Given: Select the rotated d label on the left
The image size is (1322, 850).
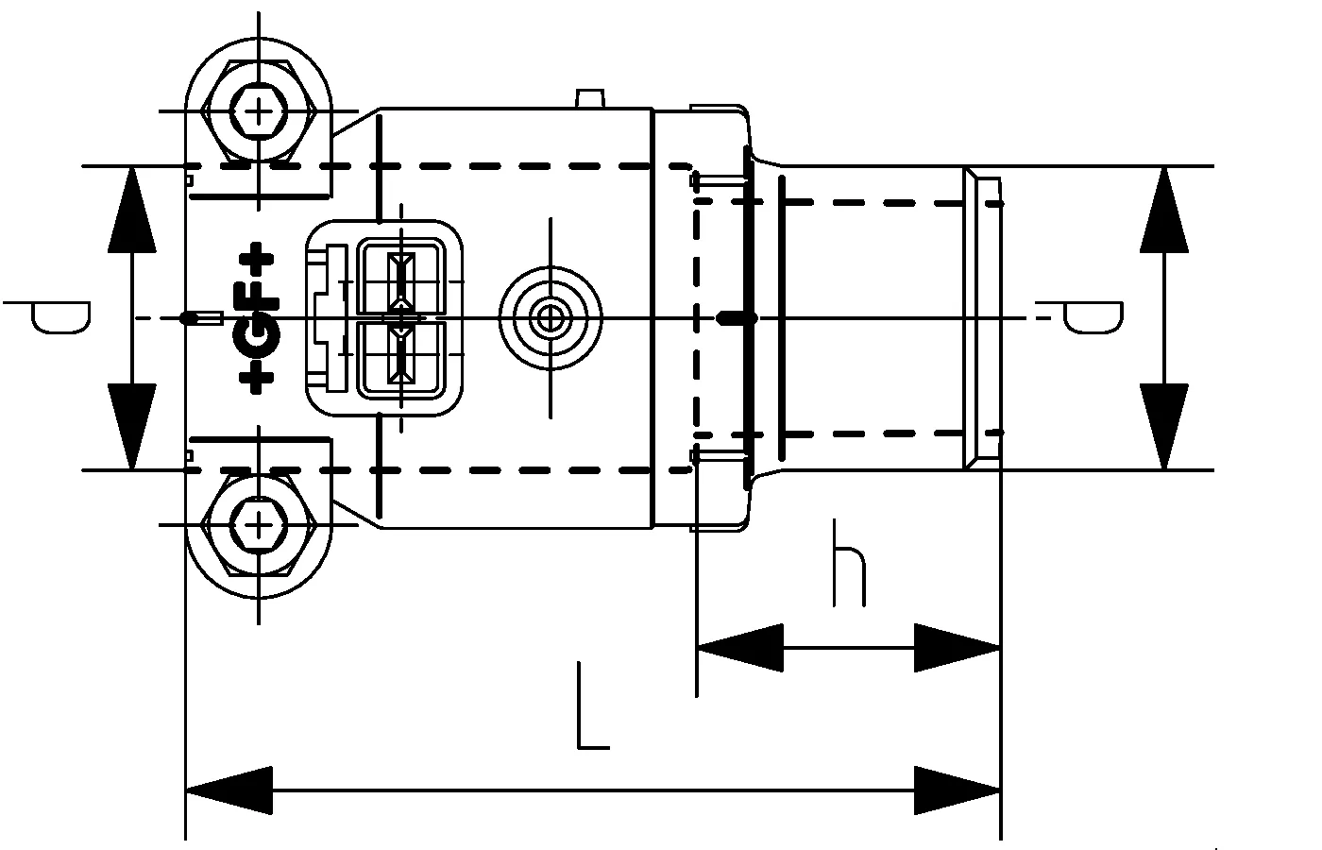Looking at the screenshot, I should [x=59, y=317].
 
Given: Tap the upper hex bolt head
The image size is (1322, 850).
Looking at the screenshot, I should [x=258, y=112].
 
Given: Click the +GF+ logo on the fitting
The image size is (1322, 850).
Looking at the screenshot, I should [x=257, y=318].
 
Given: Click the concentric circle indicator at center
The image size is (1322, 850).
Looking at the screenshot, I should [x=550, y=318].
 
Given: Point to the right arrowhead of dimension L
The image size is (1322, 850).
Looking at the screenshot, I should [x=958, y=790].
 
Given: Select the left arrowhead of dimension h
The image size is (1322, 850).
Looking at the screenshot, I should [x=740, y=648].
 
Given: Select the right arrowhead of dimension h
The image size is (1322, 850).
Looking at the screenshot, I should [x=958, y=648].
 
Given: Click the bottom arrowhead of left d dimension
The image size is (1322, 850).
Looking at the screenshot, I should [x=131, y=426].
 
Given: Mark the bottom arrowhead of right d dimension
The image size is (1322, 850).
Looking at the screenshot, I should [x=1163, y=426].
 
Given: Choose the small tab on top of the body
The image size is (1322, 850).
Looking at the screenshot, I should [x=589, y=99].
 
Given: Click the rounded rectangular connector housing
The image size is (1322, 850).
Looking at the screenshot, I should [x=384, y=318].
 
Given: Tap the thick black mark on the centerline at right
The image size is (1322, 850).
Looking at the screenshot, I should [x=737, y=318].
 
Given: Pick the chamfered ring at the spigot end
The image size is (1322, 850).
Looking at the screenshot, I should [x=982, y=318].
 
